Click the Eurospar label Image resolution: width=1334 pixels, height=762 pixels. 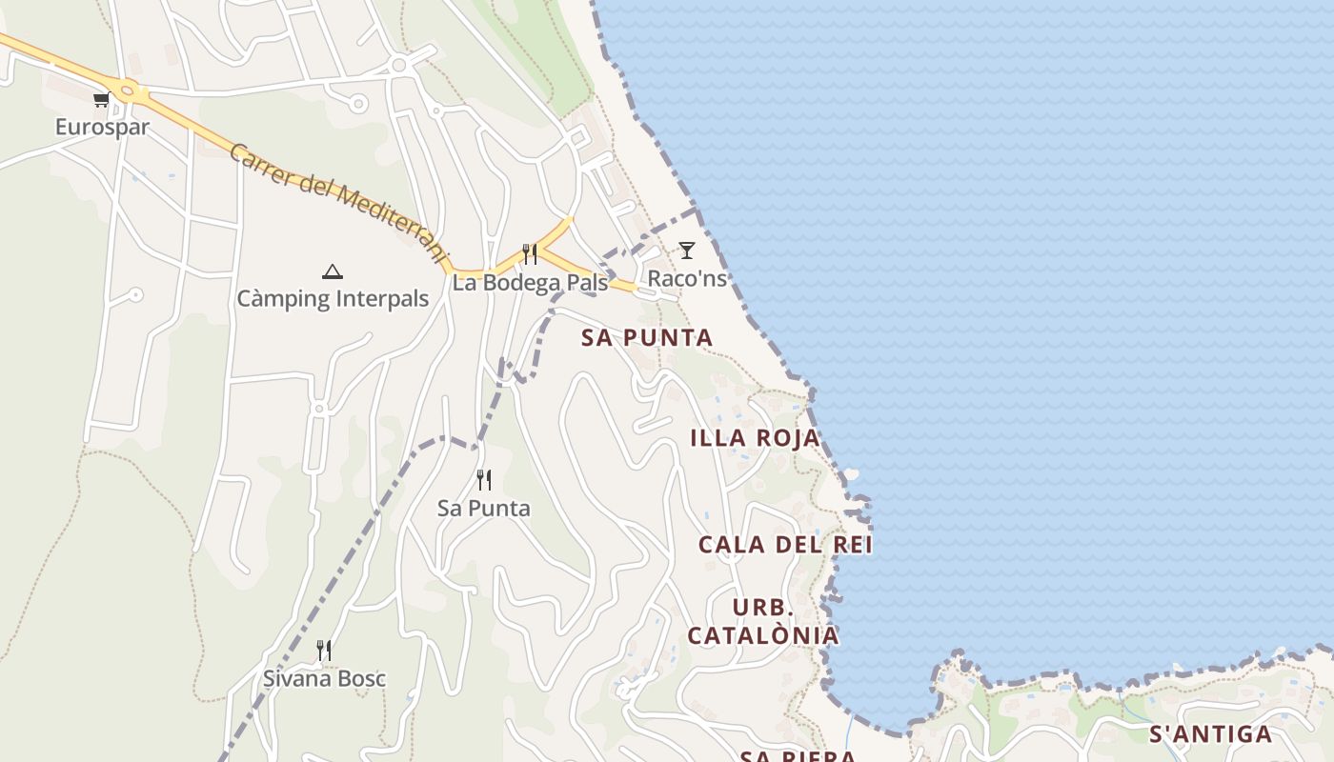coord(102,127)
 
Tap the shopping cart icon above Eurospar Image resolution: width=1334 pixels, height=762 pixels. coord(101,99)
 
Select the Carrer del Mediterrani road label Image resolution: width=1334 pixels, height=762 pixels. coord(338,202)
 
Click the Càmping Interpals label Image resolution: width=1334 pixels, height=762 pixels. coord(333,298)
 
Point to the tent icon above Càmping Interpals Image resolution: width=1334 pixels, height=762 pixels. coord(332,271)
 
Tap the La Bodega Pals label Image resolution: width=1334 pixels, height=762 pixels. coord(529,283)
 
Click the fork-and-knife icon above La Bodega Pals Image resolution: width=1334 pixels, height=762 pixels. coord(530,254)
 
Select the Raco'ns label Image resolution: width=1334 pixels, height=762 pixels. coord(687,278)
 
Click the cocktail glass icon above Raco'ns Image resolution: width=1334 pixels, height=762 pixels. coord(686,251)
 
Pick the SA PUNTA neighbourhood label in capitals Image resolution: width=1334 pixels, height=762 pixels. coord(647,337)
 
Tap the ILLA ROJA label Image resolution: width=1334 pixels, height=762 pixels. coord(755,438)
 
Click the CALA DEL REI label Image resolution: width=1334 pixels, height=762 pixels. coord(785,545)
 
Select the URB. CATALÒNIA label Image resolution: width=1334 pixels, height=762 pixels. coord(763,621)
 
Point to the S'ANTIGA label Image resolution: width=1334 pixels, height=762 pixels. coord(1210,733)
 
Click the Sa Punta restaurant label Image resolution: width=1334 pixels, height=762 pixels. coord(483,508)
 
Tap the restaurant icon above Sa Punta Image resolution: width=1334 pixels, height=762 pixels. coord(484,479)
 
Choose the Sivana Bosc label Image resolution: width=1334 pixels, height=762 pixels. coord(324,679)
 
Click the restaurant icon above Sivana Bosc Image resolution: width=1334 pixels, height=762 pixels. coord(324,651)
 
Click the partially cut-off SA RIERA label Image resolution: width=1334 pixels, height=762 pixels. coord(798,756)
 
